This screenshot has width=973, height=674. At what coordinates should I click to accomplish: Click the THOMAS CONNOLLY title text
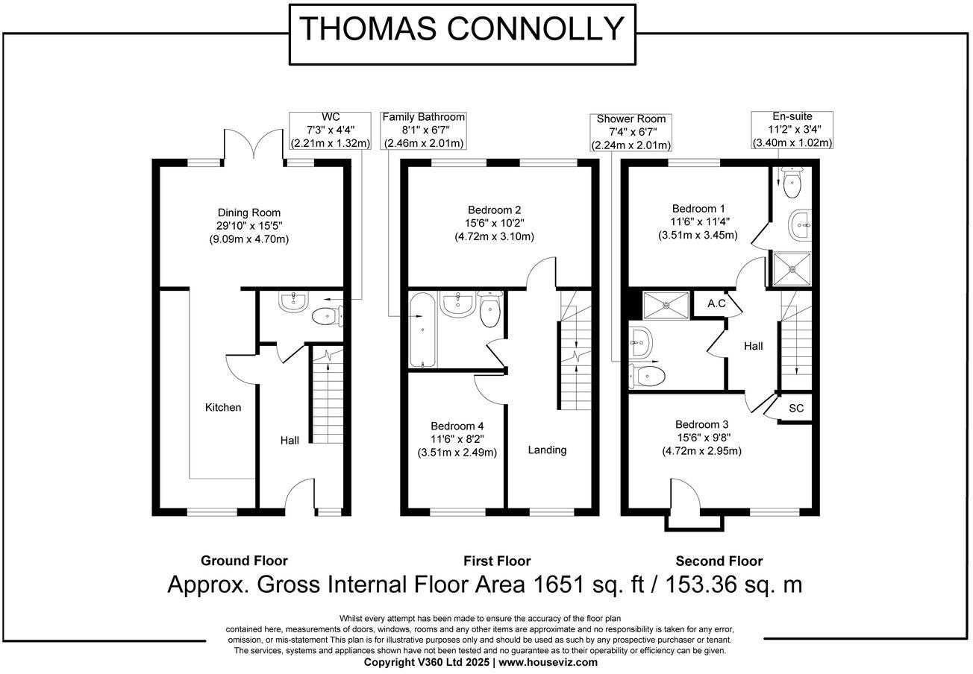[x=461, y=29]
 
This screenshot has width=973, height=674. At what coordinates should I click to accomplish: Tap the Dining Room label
[x=249, y=225]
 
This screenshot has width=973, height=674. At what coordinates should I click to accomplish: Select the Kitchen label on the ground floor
[x=224, y=407]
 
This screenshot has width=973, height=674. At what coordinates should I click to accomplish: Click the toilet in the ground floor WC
[x=327, y=317]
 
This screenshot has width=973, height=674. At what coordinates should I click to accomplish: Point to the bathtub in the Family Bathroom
[x=423, y=330]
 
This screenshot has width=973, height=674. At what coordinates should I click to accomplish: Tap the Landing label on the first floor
[x=547, y=450]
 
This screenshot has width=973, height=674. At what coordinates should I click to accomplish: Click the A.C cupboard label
[x=717, y=303]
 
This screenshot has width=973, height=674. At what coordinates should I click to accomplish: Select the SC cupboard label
[x=796, y=409]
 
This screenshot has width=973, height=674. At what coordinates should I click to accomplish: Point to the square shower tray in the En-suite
[x=790, y=269]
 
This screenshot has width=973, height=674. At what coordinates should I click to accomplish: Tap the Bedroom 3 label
[x=701, y=437]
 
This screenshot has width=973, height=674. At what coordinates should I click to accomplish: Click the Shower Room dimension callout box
[x=631, y=132]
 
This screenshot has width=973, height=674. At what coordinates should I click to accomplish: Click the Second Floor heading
[x=719, y=561]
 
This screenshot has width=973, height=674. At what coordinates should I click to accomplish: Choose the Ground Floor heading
[x=244, y=561]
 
